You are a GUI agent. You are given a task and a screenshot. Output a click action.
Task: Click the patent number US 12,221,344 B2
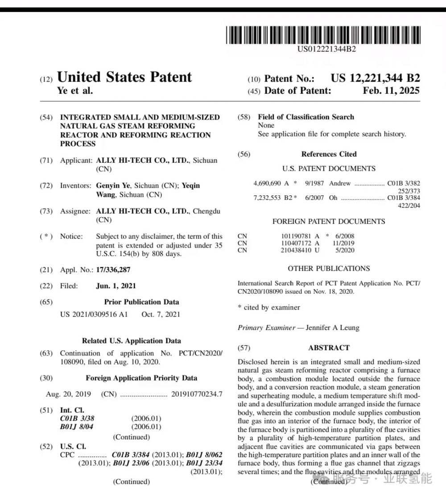[x=375, y=78]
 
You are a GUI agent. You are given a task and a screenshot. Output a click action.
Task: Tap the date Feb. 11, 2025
[x=391, y=91]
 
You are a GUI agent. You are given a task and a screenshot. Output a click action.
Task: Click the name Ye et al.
[x=75, y=91]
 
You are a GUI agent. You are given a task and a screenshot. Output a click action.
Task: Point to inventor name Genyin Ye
[x=113, y=186]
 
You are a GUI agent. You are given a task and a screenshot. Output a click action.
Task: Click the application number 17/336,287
[x=113, y=269]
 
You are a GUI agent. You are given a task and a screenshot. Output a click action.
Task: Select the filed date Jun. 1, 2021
[x=116, y=286]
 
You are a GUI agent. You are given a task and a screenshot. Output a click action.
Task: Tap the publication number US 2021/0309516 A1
[x=94, y=314]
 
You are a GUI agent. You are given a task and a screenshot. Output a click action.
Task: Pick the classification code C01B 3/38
[x=77, y=418]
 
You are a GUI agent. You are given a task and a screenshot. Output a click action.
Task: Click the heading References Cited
[x=329, y=154]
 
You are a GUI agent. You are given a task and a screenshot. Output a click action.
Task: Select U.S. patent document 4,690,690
[x=267, y=183]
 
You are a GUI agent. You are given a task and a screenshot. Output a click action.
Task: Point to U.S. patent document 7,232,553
[x=267, y=198]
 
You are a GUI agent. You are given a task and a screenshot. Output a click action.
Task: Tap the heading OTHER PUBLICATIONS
[x=329, y=269]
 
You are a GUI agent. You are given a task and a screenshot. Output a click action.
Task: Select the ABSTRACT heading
[x=329, y=347]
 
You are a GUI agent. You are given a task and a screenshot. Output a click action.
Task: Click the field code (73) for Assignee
[x=46, y=211]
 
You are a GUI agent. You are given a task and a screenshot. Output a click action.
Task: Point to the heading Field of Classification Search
[x=306, y=117]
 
